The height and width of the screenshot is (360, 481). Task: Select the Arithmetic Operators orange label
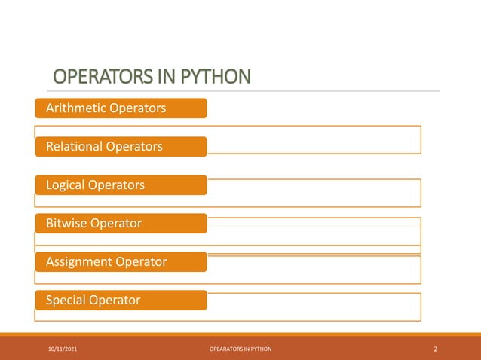point(121,108)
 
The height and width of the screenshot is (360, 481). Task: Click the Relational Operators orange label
point(121,146)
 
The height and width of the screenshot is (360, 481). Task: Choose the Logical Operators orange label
point(121,185)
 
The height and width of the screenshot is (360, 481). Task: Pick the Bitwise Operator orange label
point(121,223)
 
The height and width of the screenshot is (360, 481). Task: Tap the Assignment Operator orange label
point(121,261)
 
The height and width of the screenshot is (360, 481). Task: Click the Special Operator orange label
point(121,300)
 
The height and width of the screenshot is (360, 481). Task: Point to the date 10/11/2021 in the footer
point(62,349)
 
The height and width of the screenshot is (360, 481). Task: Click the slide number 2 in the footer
point(436,349)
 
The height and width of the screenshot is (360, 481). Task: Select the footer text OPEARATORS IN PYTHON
point(240,349)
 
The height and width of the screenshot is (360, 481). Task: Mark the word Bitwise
point(66,223)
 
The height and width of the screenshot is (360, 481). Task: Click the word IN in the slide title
point(161,78)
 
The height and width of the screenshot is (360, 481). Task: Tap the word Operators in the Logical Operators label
point(118,185)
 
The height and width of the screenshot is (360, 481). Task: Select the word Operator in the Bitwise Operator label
point(115,223)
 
